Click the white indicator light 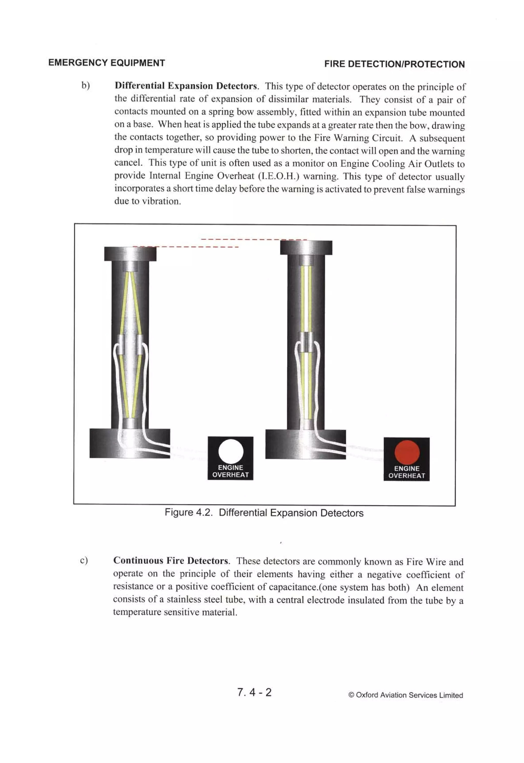click(231, 451)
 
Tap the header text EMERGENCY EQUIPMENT click(106, 63)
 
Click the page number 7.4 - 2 click(254, 692)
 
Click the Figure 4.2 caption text click(264, 513)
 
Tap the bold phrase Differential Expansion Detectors click(186, 86)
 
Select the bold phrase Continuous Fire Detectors click(170, 560)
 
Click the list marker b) click(85, 86)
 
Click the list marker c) click(84, 560)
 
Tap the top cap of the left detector click(130, 254)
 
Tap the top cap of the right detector click(306, 248)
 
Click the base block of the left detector click(130, 443)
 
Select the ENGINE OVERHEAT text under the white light click(231, 471)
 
